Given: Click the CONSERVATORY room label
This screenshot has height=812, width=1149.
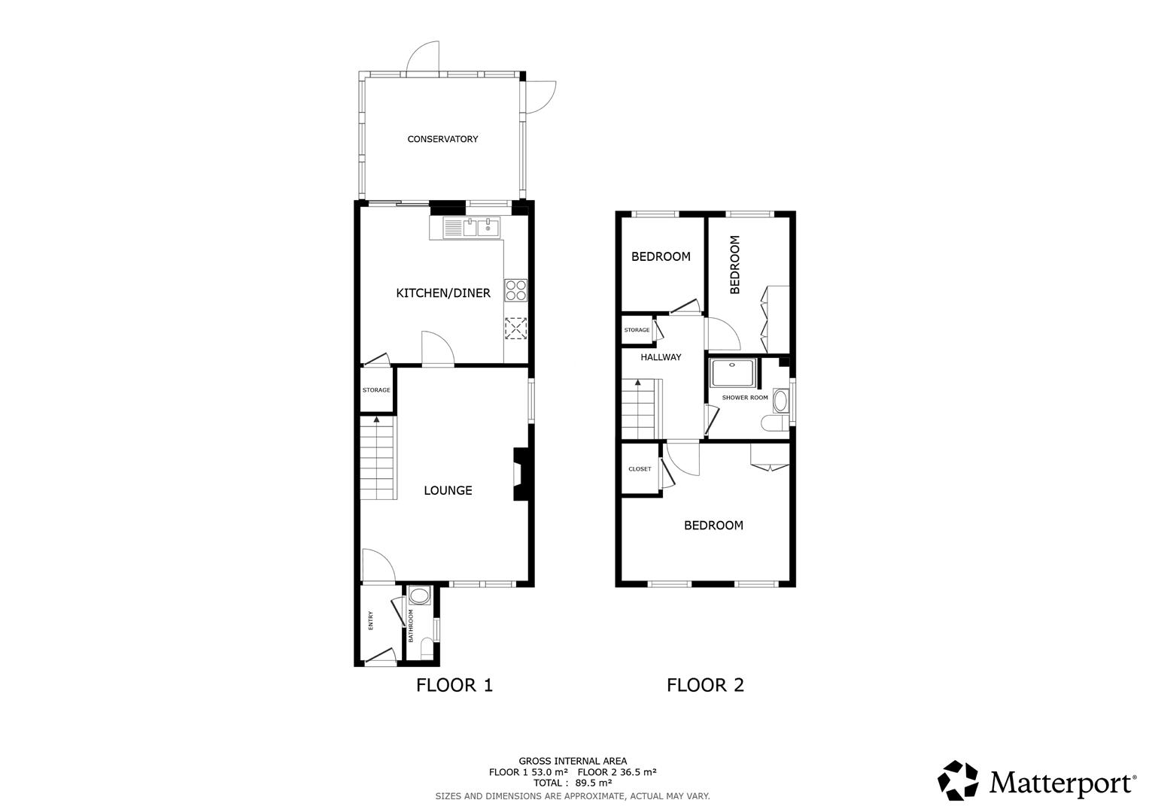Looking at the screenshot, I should (442, 139).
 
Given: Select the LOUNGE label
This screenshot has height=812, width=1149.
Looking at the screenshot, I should (448, 490).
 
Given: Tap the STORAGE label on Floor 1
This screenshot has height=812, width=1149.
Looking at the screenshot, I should (376, 390).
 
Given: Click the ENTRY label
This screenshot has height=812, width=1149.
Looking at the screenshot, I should (370, 620).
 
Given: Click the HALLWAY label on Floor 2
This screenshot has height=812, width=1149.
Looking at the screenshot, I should (661, 357).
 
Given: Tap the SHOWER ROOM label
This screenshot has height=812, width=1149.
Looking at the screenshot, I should (745, 398).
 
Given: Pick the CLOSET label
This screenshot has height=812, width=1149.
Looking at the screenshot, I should (640, 469).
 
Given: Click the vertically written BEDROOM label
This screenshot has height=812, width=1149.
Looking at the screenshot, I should (735, 265).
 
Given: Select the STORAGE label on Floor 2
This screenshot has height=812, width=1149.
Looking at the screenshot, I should (637, 330).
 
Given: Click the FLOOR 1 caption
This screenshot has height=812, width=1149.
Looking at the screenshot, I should (454, 685).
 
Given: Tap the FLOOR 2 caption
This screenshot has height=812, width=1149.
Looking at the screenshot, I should (705, 685).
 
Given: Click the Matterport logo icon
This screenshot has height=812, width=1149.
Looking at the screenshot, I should (958, 780).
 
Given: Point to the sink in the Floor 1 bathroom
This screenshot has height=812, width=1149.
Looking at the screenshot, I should (419, 597).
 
